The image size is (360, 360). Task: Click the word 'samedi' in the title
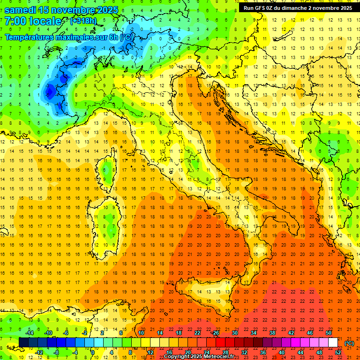coord(20,9)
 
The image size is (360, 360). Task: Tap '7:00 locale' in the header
coord(33,21)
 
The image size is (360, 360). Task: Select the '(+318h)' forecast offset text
coord(83,21)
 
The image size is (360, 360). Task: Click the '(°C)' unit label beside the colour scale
coord(349,343)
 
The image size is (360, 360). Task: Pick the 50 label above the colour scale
coord(329,333)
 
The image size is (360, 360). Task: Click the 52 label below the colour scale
coord(338,352)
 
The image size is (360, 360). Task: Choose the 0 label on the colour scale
coord(92,352)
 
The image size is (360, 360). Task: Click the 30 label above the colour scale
coord(234,333)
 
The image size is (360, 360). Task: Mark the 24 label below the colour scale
coord(206,352)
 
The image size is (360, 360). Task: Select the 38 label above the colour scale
coord(272,333)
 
